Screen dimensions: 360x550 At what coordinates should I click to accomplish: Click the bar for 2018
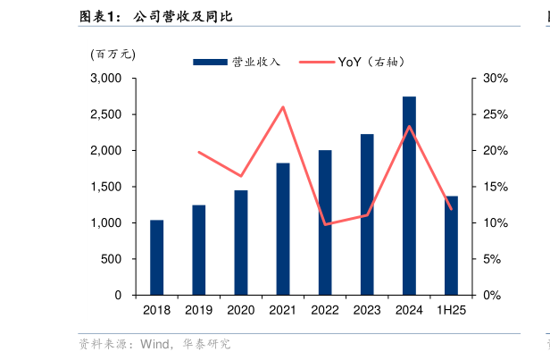[x=156, y=257]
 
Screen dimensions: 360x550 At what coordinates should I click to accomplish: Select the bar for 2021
[x=283, y=229]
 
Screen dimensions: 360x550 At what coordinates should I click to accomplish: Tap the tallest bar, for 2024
[x=409, y=196]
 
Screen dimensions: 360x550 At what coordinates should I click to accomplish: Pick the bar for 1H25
[x=451, y=246]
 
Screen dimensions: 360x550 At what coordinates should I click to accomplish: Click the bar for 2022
[x=325, y=222]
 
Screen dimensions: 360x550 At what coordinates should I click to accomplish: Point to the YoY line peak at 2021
[x=283, y=107]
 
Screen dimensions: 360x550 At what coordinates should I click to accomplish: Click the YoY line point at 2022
[x=325, y=224]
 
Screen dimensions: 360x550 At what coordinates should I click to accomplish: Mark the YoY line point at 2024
[x=409, y=126]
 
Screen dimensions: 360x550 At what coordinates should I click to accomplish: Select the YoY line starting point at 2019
[x=198, y=152]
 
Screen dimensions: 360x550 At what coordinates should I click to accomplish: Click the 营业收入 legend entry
[x=237, y=62]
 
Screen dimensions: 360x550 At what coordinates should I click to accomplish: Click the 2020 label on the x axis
[x=240, y=310]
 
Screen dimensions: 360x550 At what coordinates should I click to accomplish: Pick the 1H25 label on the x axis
[x=451, y=310]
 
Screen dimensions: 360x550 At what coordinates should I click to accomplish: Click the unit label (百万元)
[x=112, y=54]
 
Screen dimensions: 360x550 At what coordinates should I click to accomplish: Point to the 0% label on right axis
[x=492, y=295]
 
